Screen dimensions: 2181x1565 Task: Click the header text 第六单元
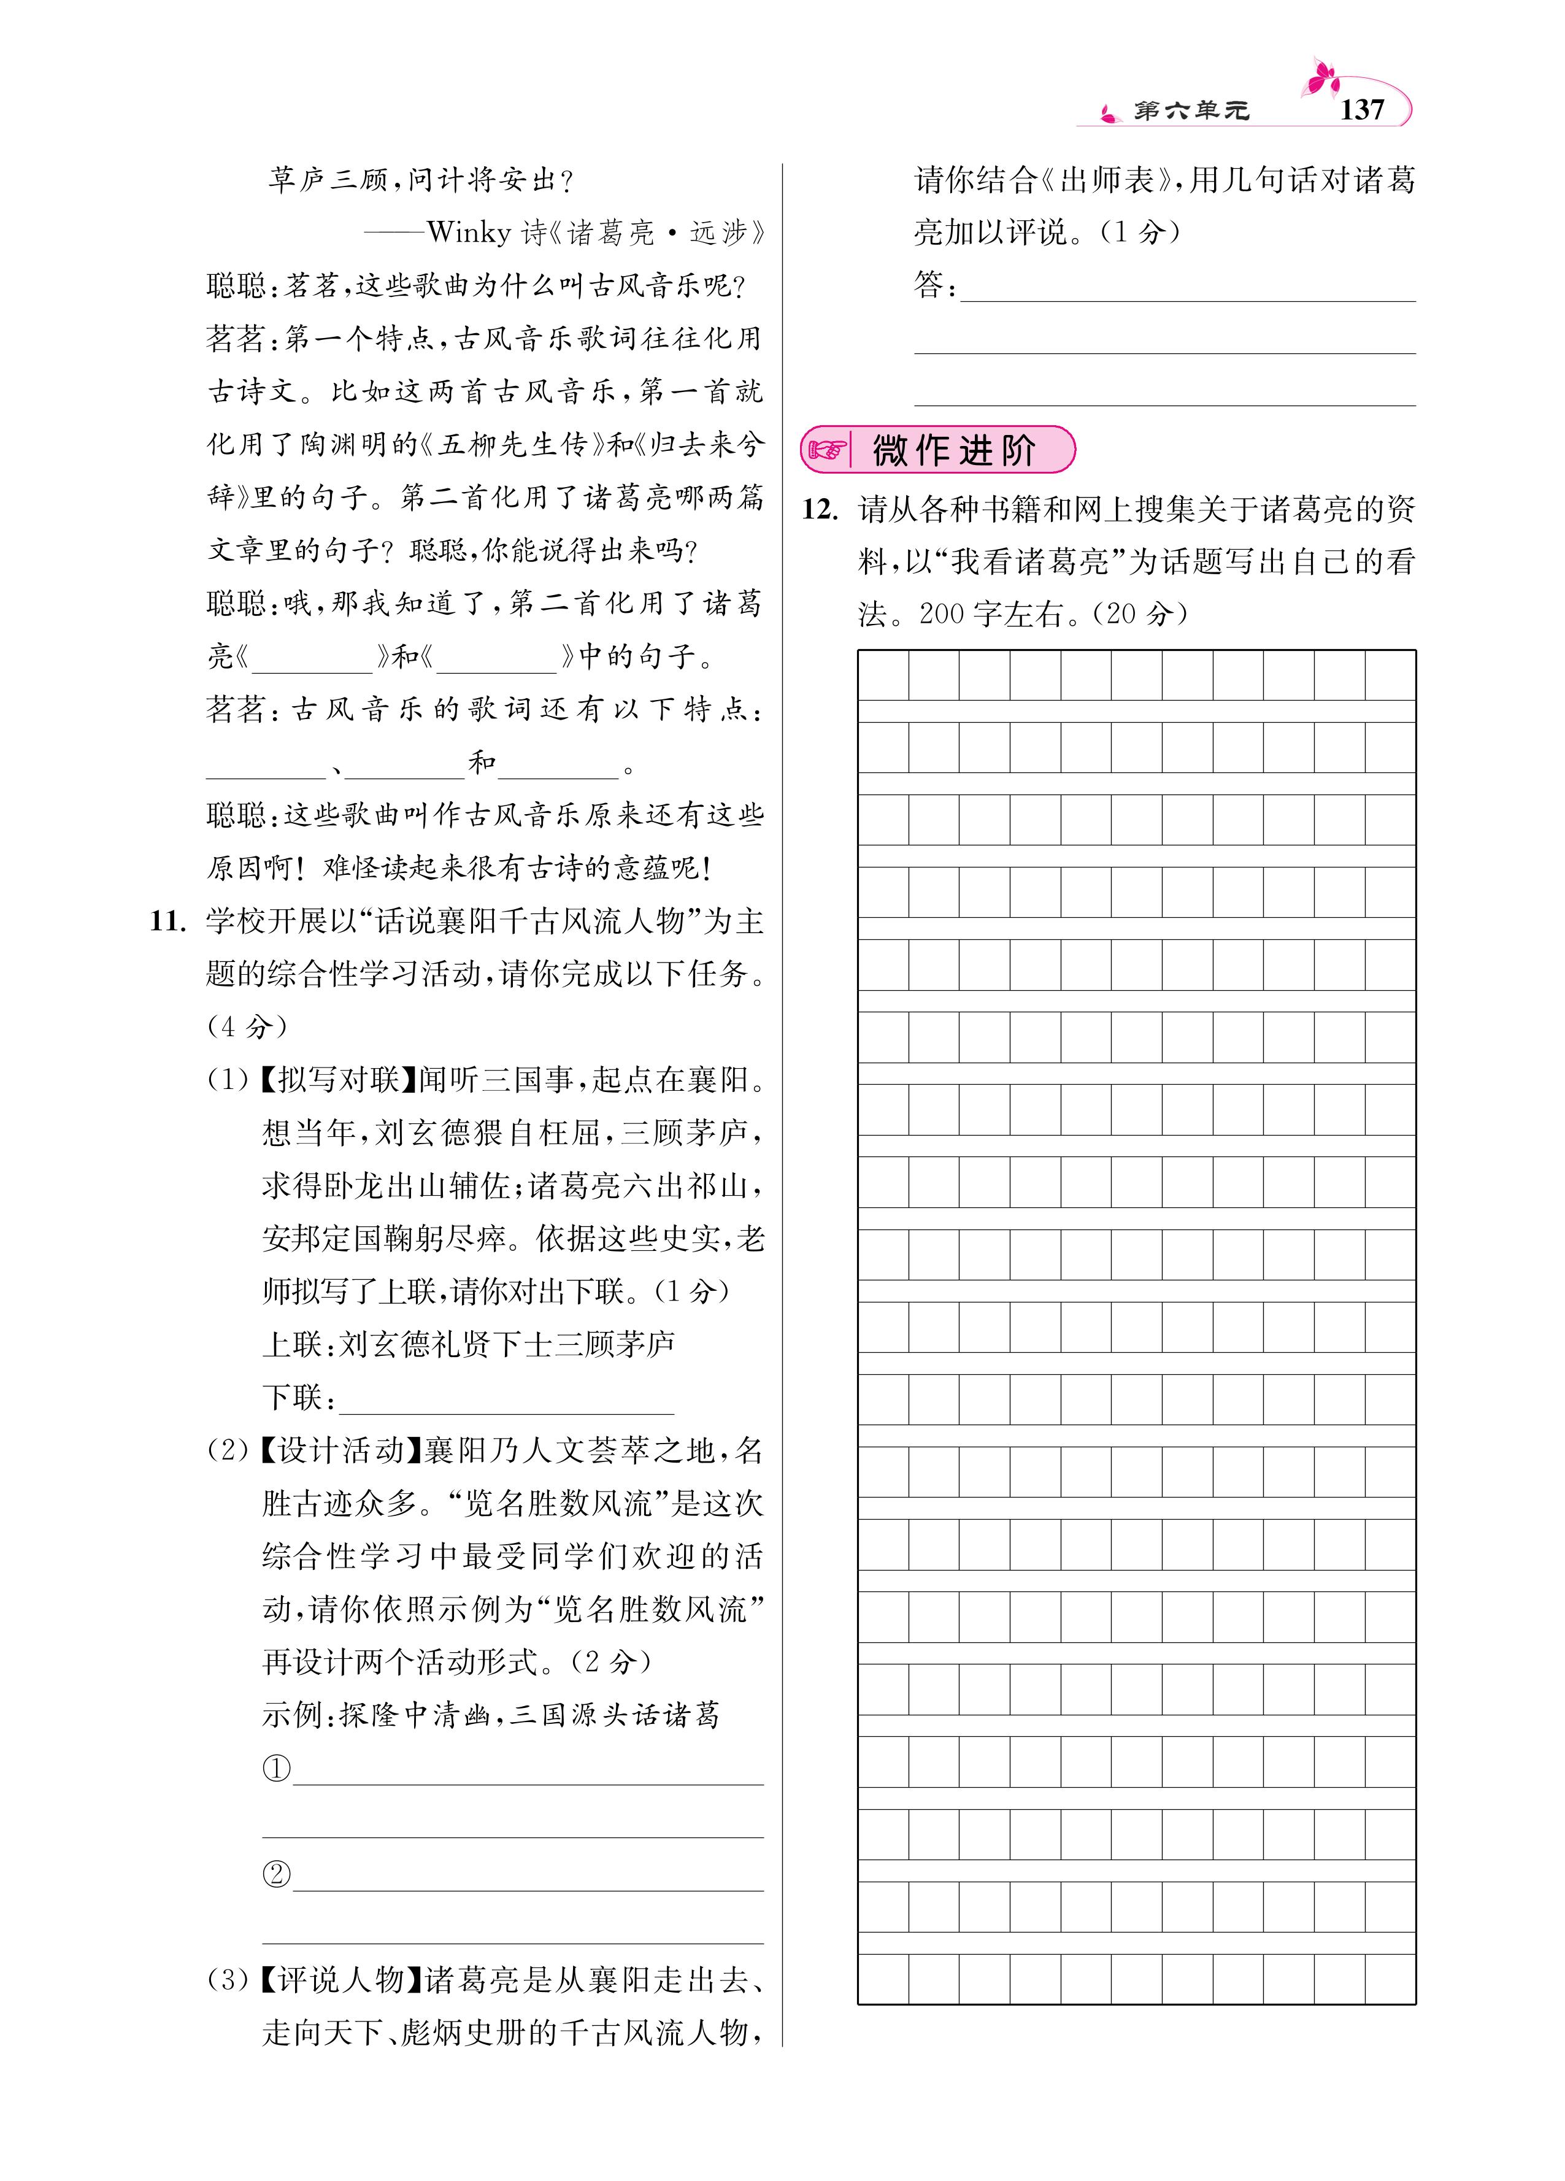pyautogui.click(x=1191, y=112)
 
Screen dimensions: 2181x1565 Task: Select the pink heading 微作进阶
pyautogui.click(x=953, y=450)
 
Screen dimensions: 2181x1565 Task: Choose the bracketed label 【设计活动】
pyautogui.click(x=340, y=1451)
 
